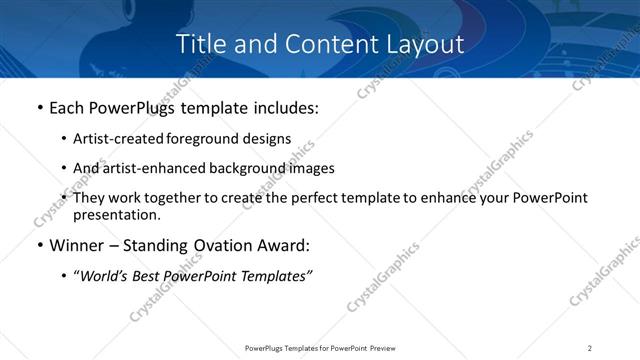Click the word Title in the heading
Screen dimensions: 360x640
tap(198, 44)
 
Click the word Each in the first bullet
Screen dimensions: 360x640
tap(68, 108)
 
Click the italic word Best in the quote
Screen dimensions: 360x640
tap(151, 277)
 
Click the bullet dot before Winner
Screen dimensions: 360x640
tap(39, 246)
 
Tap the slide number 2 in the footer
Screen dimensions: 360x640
tap(590, 347)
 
